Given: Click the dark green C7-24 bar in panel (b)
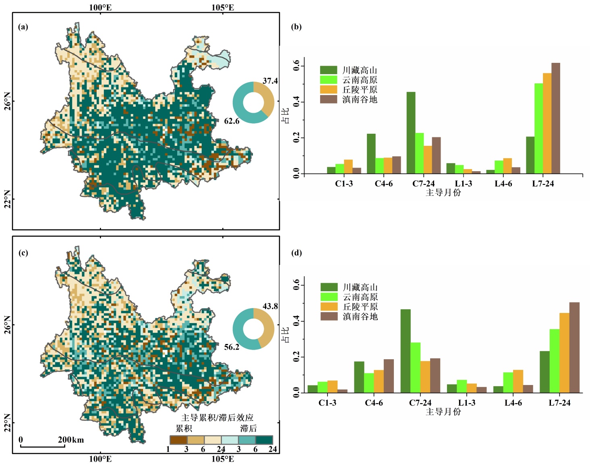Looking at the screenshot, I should pyautogui.click(x=411, y=133).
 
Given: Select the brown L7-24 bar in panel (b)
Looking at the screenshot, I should pyautogui.click(x=555, y=118).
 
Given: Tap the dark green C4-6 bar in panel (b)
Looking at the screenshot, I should pyautogui.click(x=371, y=154).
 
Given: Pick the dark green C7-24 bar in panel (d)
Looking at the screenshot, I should pyautogui.click(x=405, y=351).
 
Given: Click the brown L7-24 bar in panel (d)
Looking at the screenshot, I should pyautogui.click(x=574, y=348).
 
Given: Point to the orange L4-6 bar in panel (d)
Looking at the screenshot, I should pyautogui.click(x=518, y=381).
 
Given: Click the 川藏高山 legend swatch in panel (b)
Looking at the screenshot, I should pyautogui.click(x=328, y=70).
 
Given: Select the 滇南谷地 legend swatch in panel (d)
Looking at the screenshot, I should pyautogui.click(x=329, y=316).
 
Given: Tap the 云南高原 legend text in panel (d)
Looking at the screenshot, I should pyautogui.click(x=360, y=297).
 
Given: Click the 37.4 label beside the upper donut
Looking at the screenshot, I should pyautogui.click(x=270, y=81).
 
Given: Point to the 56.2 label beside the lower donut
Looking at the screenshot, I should pyautogui.click(x=232, y=347).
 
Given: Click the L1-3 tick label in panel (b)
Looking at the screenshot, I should pyautogui.click(x=463, y=184).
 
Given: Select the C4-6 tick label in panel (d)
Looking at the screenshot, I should pyautogui.click(x=374, y=403).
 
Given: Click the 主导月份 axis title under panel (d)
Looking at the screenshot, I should pyautogui.click(x=443, y=412).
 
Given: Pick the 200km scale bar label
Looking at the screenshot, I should pyautogui.click(x=71, y=439).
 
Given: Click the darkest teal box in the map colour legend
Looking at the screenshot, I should pyautogui.click(x=265, y=440).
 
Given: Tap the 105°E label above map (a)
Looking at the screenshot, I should pyautogui.click(x=223, y=7).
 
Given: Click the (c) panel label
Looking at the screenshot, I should pyautogui.click(x=23, y=253).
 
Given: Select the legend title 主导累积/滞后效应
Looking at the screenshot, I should pyautogui.click(x=217, y=417).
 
